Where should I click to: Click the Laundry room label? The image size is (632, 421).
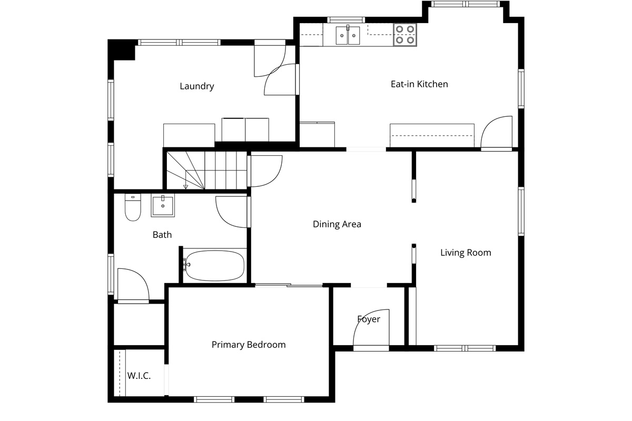(x=196, y=86)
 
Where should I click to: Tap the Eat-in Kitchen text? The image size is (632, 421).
(x=419, y=84)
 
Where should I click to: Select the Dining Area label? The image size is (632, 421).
(x=337, y=224)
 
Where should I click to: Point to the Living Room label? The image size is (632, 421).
(x=466, y=253)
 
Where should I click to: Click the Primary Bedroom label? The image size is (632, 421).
(x=249, y=345)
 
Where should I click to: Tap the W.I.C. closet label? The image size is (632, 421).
(x=139, y=376)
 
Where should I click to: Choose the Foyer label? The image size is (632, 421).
(x=369, y=319)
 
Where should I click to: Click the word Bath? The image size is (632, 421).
(x=162, y=235)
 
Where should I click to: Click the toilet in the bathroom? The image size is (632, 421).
(x=133, y=207)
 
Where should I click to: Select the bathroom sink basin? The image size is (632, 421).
(x=163, y=205)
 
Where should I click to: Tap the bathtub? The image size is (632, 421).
(x=215, y=266)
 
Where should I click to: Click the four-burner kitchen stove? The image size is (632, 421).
(x=405, y=35)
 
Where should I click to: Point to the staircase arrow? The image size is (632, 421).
(x=185, y=180)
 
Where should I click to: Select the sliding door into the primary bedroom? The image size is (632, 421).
(x=289, y=286)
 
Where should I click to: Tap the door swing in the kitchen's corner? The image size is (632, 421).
(x=496, y=132)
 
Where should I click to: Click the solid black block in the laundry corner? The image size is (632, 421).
(x=121, y=49)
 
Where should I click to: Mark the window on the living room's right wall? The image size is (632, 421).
(x=521, y=212)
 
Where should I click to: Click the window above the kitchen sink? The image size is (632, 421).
(x=346, y=20)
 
